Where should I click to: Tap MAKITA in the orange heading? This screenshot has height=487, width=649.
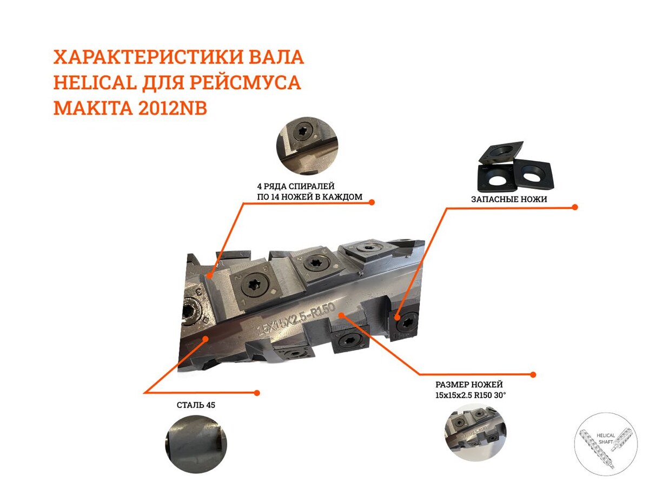93,108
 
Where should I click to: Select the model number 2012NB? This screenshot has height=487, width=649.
173,108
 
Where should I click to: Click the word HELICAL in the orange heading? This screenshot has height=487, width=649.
95,82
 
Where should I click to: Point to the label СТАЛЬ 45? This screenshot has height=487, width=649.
196,405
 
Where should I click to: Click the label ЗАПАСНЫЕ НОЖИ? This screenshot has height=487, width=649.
509,199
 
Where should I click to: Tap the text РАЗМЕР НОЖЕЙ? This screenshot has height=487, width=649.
469,384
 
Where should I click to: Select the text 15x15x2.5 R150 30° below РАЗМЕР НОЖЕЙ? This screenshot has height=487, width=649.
471,395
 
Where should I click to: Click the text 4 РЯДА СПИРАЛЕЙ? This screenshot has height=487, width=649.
296,186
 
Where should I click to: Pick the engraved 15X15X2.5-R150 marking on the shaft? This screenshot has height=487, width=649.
296,319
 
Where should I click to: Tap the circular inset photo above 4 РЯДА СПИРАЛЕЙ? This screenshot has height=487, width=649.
307,146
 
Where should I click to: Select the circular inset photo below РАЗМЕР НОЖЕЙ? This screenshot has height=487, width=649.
475,434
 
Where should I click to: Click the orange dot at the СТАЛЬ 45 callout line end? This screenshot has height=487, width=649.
257,393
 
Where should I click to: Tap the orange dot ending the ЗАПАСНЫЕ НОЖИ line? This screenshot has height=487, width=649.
575,207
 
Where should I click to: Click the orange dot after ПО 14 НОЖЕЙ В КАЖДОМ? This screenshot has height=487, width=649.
372,202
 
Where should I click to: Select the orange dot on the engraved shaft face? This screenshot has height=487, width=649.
341,315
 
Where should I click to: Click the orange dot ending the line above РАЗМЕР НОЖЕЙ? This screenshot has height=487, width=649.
533,374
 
